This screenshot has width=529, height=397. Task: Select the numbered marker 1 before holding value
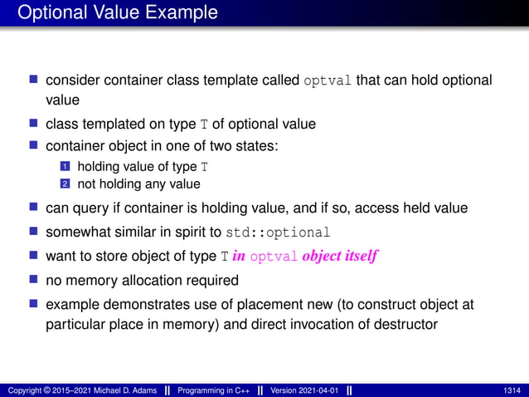(x=61, y=168)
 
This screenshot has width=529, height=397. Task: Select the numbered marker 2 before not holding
(x=61, y=184)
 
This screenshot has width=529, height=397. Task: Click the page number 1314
(x=512, y=390)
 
